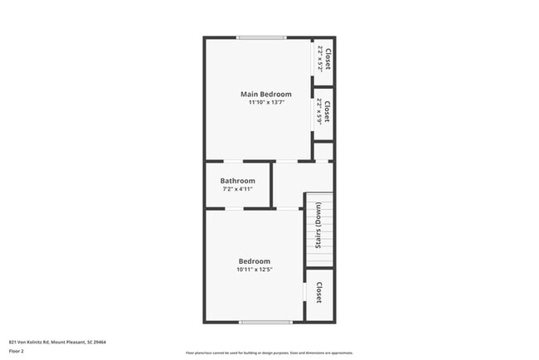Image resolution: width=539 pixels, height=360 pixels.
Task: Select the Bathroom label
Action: (237, 181)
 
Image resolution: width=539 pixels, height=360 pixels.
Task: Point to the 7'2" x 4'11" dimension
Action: (237, 189)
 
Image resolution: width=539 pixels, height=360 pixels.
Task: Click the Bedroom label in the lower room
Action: (255, 261)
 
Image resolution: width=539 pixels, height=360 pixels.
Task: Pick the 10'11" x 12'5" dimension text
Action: (255, 270)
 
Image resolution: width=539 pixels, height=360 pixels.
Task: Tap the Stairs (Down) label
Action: (318, 226)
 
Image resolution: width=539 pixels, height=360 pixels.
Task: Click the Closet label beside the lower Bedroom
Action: (319, 293)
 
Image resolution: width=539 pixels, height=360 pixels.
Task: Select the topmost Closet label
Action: (328, 60)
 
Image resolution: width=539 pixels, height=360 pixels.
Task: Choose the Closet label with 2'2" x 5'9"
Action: (328, 111)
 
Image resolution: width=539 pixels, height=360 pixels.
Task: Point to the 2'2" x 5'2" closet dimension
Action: (319, 60)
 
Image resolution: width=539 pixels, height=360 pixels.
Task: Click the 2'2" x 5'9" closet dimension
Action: (319, 111)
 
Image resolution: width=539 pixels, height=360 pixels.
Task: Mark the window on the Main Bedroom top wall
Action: (261, 37)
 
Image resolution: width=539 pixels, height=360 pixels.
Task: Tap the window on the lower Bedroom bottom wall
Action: (265, 322)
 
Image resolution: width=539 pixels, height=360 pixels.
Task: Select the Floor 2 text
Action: (17, 351)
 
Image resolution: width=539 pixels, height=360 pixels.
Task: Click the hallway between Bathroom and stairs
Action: (289, 184)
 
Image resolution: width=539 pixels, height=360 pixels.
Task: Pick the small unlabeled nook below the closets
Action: (324, 152)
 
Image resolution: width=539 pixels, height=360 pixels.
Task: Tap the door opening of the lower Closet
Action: (305, 293)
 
